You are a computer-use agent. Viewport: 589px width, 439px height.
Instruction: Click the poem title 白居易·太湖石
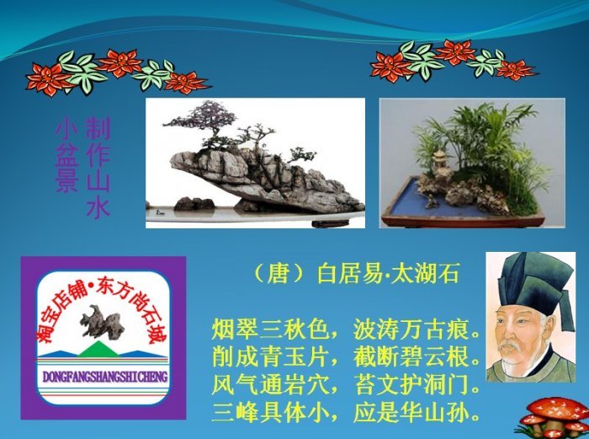pos(388,274)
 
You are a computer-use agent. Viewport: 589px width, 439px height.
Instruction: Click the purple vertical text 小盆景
pos(66,157)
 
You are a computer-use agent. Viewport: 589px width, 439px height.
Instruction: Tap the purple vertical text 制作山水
pos(98,168)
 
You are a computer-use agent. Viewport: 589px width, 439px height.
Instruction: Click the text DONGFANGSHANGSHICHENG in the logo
pos(105,377)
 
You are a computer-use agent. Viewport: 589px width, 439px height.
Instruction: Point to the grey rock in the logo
pos(102,322)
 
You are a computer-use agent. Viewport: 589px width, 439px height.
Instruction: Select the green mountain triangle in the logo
pos(98,350)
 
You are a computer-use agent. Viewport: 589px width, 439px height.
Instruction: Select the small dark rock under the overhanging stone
pos(194,204)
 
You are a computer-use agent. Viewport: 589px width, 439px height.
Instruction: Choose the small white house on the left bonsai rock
pos(245,146)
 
